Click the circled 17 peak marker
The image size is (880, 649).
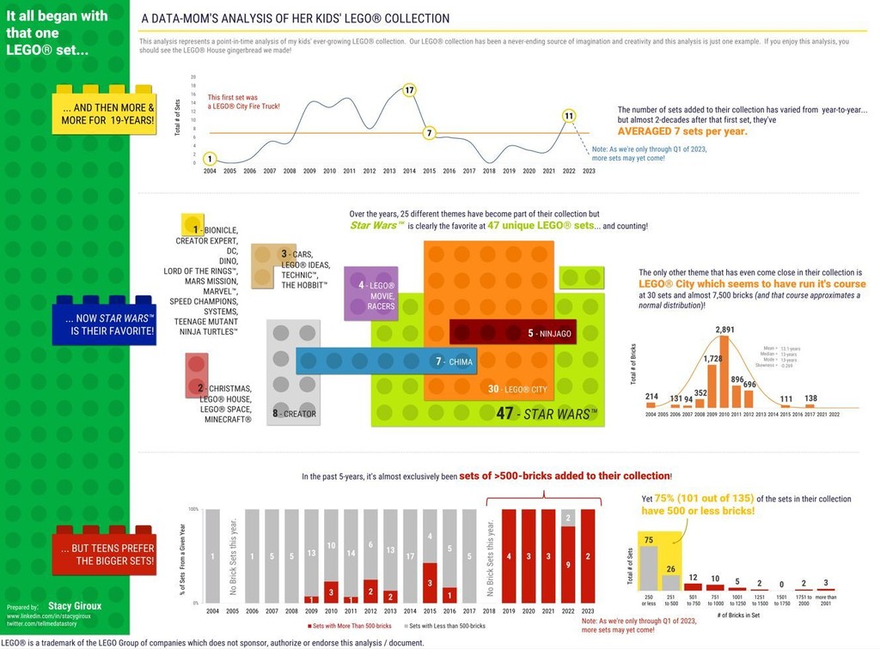(x=409, y=90)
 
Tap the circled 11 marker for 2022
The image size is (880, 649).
(x=568, y=116)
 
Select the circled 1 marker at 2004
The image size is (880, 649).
(x=210, y=158)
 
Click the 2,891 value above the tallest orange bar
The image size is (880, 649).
(x=724, y=330)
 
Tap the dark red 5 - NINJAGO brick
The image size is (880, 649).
(x=512, y=332)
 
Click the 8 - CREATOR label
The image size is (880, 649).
(x=294, y=414)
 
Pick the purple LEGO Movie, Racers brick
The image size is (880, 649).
(x=370, y=294)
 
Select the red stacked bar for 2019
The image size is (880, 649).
(x=509, y=556)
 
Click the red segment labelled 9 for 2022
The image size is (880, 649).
(x=568, y=565)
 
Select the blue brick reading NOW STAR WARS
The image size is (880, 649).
(x=104, y=324)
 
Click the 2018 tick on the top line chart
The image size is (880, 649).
(x=489, y=171)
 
